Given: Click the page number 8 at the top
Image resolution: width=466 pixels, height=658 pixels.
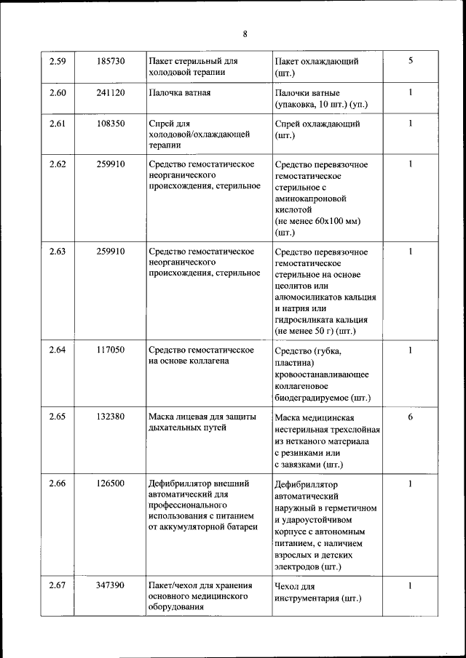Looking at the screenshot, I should click(x=245, y=33).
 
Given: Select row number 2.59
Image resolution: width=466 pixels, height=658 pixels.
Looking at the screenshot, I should click(x=58, y=61).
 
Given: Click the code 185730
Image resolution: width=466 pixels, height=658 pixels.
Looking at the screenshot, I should click(x=111, y=61).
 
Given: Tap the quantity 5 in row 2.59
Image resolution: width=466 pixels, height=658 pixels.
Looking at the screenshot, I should click(x=411, y=61).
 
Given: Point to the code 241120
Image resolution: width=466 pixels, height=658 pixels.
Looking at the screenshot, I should click(x=111, y=92).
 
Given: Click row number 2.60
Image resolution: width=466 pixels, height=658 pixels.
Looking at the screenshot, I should click(x=58, y=92).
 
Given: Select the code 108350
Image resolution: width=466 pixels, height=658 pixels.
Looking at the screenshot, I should click(x=111, y=124).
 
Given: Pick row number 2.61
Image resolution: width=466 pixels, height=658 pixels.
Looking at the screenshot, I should click(x=58, y=124).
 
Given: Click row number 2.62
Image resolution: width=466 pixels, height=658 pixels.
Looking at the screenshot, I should click(x=58, y=164).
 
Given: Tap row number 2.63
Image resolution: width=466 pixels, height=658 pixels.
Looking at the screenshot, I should click(x=58, y=252).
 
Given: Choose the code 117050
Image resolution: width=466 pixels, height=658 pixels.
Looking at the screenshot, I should click(x=111, y=350).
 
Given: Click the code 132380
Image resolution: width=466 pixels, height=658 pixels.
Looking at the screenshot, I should click(x=111, y=417).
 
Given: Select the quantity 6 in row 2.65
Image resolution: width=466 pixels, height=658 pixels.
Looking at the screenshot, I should click(x=411, y=417).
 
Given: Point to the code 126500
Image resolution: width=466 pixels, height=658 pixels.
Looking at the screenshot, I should click(x=111, y=483).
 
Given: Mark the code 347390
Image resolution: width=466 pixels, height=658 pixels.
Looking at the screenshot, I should click(x=111, y=585).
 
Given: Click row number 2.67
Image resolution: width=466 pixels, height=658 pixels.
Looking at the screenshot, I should click(x=58, y=585).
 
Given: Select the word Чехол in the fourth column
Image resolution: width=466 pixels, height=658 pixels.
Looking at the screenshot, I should click(x=288, y=586).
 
